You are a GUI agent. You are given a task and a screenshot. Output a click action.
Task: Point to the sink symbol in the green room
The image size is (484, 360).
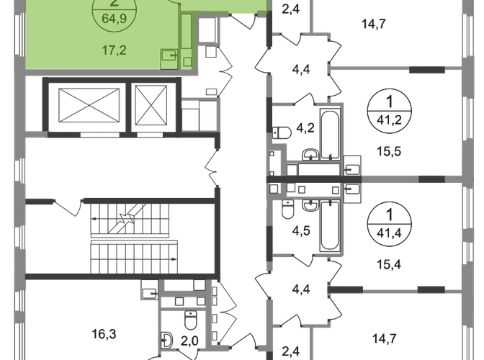click(171, 55)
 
